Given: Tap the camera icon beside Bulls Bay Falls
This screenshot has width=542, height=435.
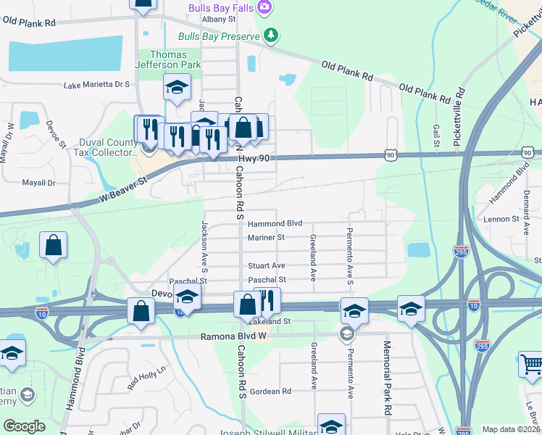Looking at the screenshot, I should click(264, 7).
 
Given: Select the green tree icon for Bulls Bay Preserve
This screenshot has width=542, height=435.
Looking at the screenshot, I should click(270, 34).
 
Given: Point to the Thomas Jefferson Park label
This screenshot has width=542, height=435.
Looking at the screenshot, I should click(168, 59).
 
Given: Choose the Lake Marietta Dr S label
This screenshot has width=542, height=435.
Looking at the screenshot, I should click(96, 85).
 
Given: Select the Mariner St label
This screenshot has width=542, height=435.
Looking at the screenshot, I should click(266, 237).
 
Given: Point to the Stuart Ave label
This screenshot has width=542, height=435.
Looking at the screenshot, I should click(266, 266).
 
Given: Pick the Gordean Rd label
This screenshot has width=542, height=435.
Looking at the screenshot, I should click(270, 391).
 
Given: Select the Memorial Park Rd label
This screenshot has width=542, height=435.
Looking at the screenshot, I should click(388, 377).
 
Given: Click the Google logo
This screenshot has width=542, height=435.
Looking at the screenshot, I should click(24, 426).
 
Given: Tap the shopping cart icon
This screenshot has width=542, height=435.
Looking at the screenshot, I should click(531, 364).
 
